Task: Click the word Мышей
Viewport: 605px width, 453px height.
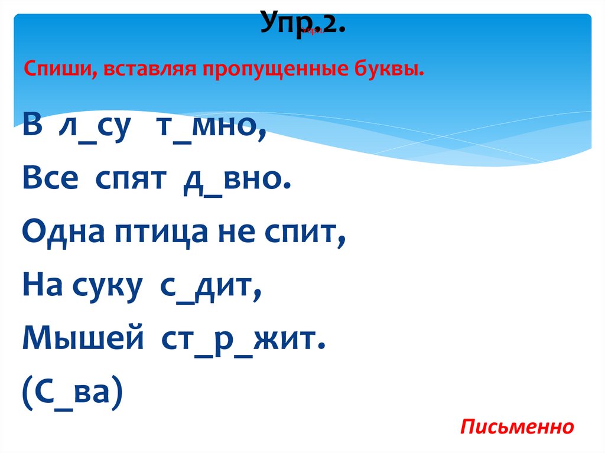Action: [83, 341]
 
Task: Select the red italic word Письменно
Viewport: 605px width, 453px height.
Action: [518, 426]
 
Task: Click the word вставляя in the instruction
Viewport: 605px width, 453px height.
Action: [149, 70]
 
